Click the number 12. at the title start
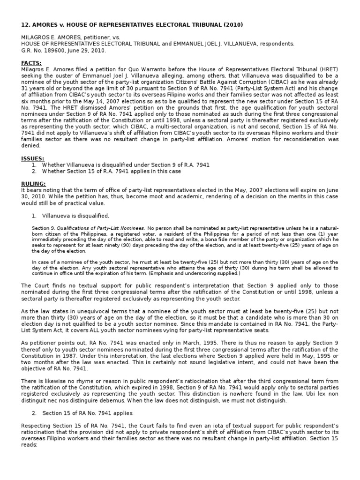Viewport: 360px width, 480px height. tap(26, 25)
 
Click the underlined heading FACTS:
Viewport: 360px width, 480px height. tap(31, 63)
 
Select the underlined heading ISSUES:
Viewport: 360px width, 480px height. tap(33, 158)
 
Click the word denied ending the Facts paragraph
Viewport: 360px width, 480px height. tap(31, 146)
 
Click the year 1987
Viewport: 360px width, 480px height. tap(65, 356)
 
